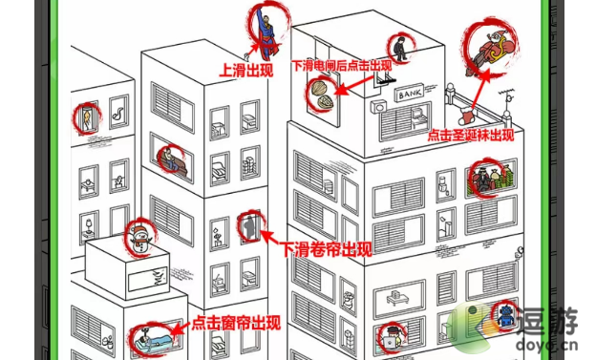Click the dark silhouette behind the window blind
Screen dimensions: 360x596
(249, 228)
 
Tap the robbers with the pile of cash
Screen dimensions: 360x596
(488, 178)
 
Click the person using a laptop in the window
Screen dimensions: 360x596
(391, 335)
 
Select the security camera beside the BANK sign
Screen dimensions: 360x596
(380, 110)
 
